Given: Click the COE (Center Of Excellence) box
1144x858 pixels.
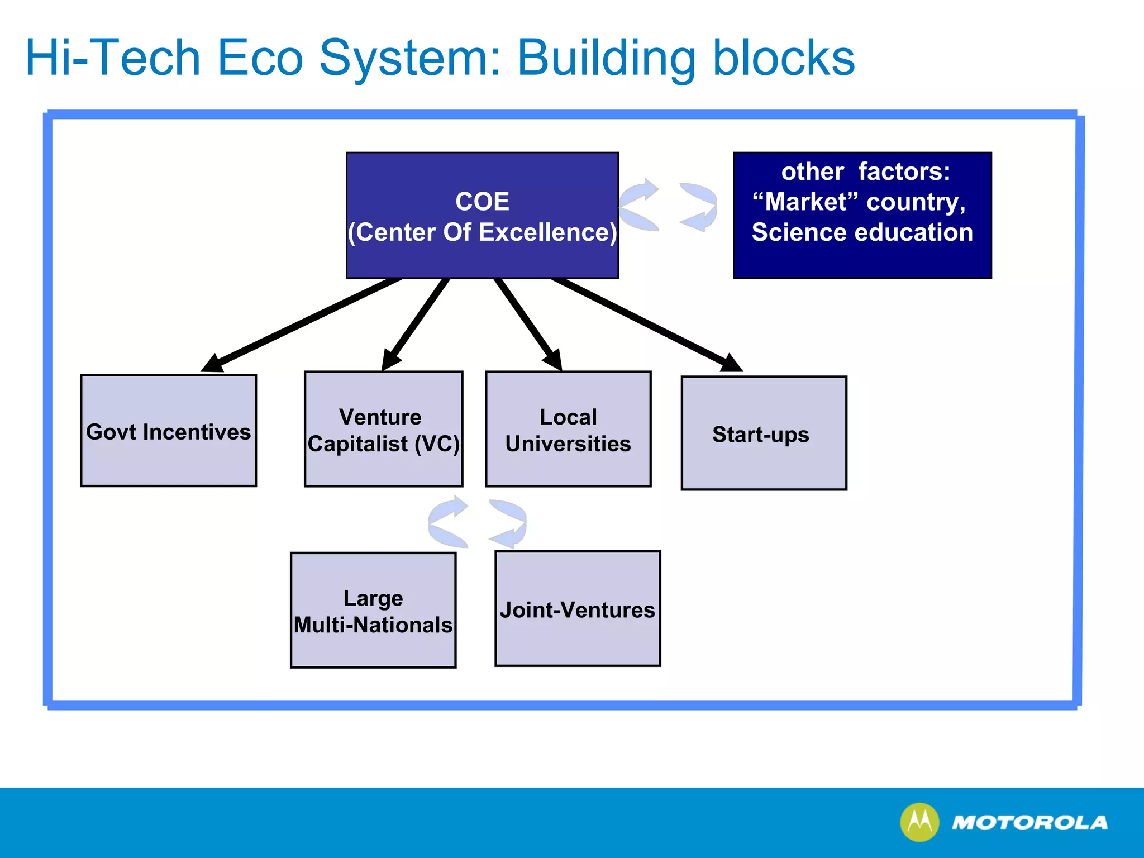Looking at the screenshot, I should tap(482, 215).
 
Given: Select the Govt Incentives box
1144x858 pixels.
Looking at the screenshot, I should tap(168, 431).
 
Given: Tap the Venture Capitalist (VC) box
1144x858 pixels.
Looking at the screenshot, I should tap(383, 429).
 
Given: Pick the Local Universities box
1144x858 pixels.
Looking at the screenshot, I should tap(568, 429).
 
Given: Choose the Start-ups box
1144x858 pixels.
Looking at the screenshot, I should tap(764, 433).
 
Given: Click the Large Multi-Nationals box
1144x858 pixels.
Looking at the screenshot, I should tap(373, 610).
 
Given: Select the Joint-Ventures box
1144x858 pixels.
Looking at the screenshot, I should tap(578, 609).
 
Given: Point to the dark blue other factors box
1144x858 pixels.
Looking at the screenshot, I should tap(862, 215).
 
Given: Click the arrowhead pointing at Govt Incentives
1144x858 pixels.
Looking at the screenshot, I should tap(213, 364).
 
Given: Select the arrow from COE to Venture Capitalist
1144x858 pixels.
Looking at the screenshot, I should tap(416, 325).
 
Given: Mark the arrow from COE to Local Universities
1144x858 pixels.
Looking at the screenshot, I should tap(527, 325).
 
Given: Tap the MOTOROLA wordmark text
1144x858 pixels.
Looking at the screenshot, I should tap(1029, 822).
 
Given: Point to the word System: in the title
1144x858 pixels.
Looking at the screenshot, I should tap(410, 59).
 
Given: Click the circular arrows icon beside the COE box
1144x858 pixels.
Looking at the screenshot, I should tap(668, 205).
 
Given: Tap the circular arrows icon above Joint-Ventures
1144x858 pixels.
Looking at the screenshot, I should tap(477, 522).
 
